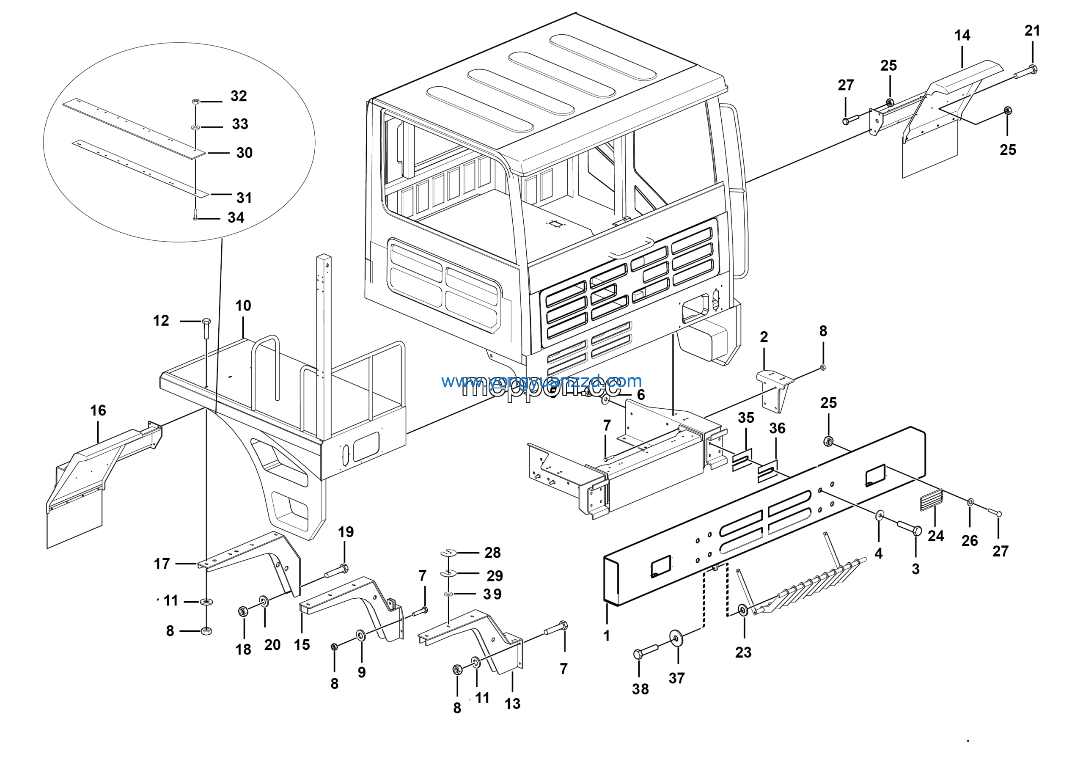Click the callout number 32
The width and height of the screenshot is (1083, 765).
[x=238, y=96]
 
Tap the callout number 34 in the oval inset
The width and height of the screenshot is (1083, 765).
[x=236, y=217]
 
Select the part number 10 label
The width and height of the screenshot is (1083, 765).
[x=243, y=305]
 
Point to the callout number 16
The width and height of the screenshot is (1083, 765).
[x=98, y=410]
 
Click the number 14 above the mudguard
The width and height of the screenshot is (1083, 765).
[x=962, y=36]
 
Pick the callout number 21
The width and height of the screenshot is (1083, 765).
[x=1032, y=30]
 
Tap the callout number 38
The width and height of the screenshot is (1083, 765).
[x=640, y=689]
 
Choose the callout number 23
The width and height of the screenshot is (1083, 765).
[x=743, y=652]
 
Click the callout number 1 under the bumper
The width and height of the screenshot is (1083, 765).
[x=607, y=636]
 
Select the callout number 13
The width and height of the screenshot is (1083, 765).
[x=512, y=704]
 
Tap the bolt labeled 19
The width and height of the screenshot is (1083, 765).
[x=336, y=571]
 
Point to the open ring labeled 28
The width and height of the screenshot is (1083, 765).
[x=448, y=552]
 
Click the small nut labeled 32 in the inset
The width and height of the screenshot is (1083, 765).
[x=196, y=102]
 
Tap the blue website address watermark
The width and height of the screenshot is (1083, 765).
[x=541, y=381]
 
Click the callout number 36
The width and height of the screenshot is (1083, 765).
[x=777, y=428]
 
